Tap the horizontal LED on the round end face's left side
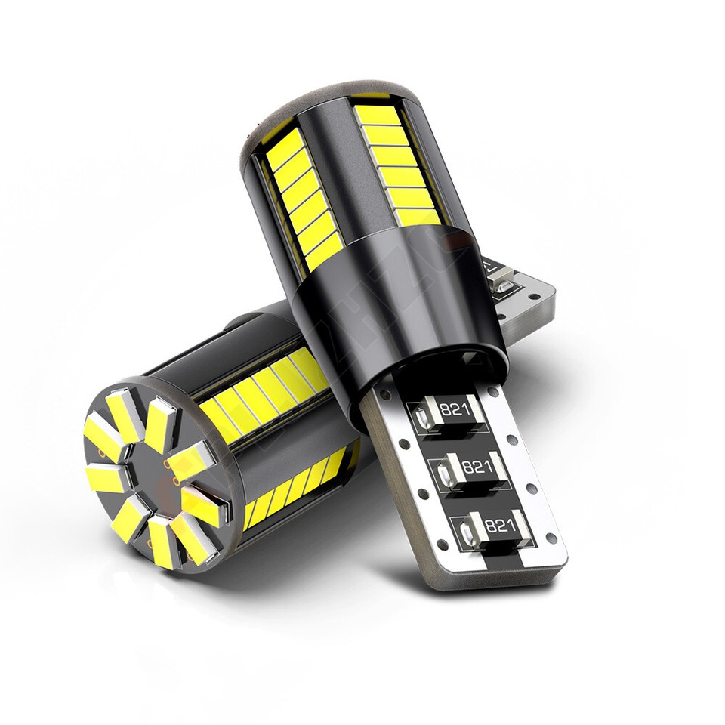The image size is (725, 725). [104, 479]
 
